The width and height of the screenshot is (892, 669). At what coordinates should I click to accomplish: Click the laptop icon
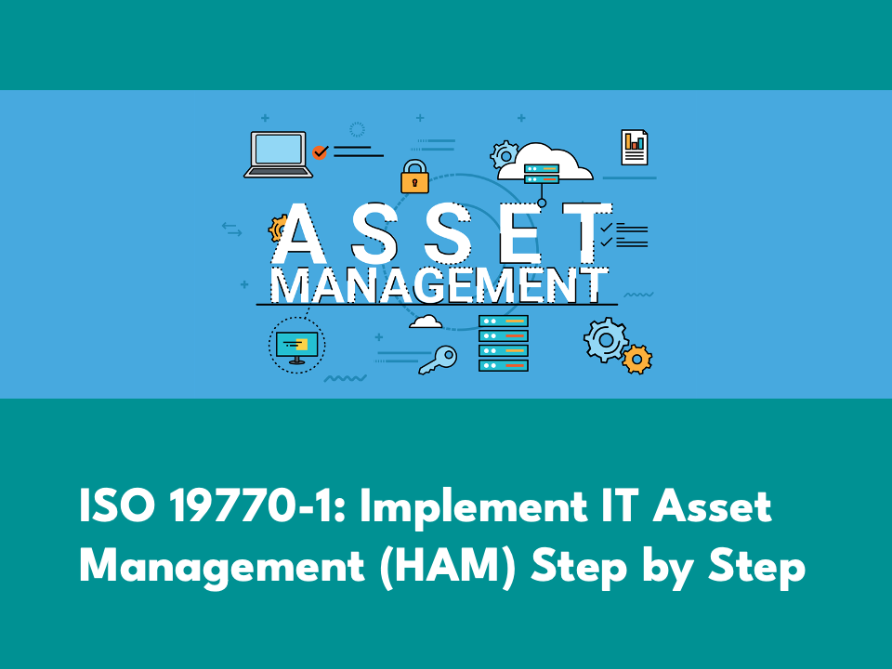(x=278, y=154)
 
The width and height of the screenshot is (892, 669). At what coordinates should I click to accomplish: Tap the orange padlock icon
(x=414, y=177)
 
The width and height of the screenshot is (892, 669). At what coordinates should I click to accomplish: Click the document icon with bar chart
(x=635, y=148)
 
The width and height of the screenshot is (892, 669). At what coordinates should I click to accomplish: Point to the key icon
(x=438, y=361)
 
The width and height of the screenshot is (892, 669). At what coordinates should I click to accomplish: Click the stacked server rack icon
(x=504, y=343)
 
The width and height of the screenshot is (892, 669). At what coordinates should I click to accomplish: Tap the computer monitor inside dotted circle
(x=296, y=348)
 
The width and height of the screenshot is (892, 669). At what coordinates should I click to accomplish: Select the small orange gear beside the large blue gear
(x=637, y=359)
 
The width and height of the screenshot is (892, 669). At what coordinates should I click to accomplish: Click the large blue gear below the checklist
(x=606, y=340)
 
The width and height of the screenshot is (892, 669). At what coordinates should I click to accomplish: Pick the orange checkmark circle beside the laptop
(x=321, y=151)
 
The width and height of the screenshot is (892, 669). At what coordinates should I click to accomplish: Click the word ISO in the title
(x=117, y=505)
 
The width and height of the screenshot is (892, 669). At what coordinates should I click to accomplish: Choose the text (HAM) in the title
(x=448, y=568)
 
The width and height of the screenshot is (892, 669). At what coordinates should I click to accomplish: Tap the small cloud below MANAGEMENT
(x=426, y=322)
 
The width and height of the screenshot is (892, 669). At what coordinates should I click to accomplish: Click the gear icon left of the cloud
(x=505, y=154)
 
